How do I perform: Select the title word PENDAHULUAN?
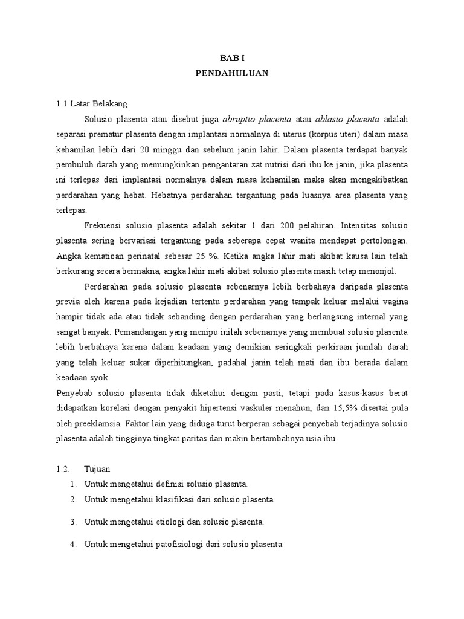click(x=232, y=73)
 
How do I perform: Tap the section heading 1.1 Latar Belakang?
click(x=91, y=103)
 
